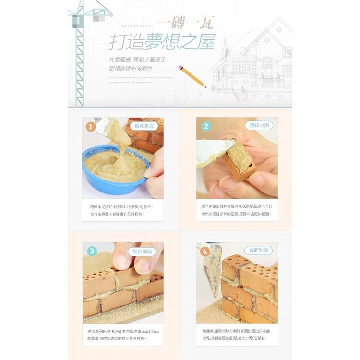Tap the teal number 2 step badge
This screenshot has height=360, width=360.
tap(206, 127)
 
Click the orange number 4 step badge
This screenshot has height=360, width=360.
tap(206, 251)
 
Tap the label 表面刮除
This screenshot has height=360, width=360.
tap(259, 250)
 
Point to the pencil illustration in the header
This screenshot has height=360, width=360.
tap(192, 76)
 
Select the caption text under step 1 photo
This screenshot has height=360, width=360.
tap(122, 210)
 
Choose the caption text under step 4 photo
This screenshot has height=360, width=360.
tap(237, 334)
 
